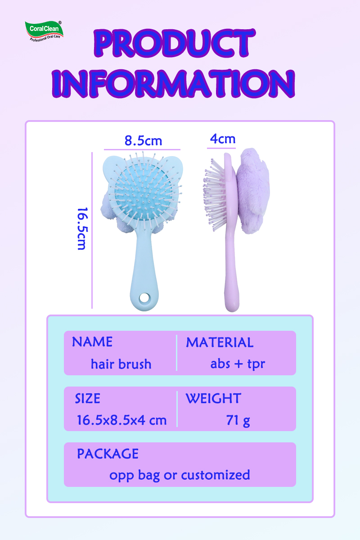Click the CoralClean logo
(x=44, y=31)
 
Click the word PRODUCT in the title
(x=175, y=43)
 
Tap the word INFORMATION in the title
(x=173, y=83)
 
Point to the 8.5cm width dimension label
(x=143, y=140)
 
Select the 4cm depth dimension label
(x=223, y=139)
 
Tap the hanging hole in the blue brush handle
(x=144, y=298)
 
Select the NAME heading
(x=92, y=342)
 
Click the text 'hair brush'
(x=121, y=364)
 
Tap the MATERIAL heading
(x=220, y=342)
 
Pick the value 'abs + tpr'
(x=238, y=364)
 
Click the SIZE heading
(x=88, y=398)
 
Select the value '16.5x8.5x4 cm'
(x=122, y=420)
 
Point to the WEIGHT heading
(x=213, y=398)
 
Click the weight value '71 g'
(x=238, y=420)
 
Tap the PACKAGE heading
(x=108, y=454)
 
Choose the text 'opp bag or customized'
(x=180, y=475)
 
